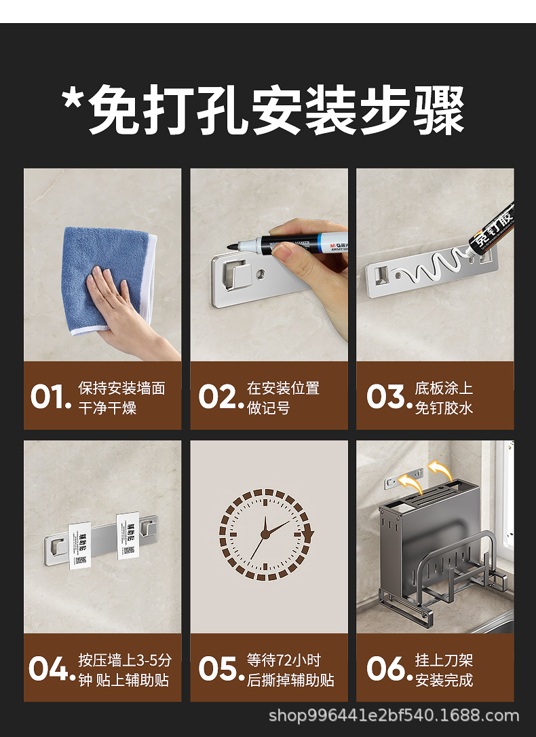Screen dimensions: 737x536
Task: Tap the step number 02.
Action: coord(219,397)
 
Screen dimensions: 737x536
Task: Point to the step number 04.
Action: coord(50,668)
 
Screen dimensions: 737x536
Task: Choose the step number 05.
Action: coord(219,668)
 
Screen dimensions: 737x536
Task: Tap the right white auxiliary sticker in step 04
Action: coord(128,535)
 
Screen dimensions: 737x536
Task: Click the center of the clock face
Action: coord(266,535)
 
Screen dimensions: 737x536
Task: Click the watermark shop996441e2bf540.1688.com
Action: coord(394,715)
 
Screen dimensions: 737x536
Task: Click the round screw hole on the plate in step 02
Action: coord(261,274)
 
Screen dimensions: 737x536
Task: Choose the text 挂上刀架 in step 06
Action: coord(444,660)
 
